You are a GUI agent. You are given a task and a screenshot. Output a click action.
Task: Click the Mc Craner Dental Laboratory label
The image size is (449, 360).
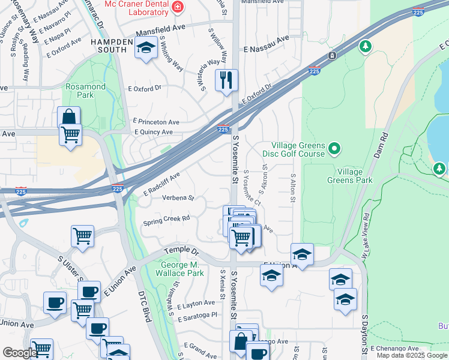pyautogui.click(x=135, y=8)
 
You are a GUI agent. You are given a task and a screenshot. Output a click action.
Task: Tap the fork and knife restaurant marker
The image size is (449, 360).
pyautogui.click(x=226, y=80)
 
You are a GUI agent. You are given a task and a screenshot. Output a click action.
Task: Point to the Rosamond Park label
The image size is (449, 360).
pyautogui.click(x=85, y=91)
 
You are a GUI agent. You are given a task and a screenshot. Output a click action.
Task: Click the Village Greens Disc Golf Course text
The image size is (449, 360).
pyautogui.click(x=298, y=149)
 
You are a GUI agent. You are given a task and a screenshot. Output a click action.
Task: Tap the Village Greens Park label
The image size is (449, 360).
pyautogui.click(x=350, y=175)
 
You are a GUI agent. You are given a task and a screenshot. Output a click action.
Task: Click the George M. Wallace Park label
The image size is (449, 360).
pyautogui.click(x=182, y=269)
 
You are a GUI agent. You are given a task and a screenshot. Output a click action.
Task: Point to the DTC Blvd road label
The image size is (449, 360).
pyautogui.click(x=144, y=307)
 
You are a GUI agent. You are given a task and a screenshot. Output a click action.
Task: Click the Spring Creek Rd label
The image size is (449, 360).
pyautogui.click(x=166, y=220)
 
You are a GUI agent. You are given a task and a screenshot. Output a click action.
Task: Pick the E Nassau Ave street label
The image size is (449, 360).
pyautogui.click(x=266, y=38)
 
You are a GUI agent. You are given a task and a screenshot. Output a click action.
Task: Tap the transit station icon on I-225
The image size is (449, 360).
pyautogui.click(x=331, y=56)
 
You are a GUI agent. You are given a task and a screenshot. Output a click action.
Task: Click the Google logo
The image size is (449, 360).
pyautogui.click(x=20, y=353)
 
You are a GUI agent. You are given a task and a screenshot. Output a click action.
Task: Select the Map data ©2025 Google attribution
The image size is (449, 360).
pyautogui.click(x=411, y=355)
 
